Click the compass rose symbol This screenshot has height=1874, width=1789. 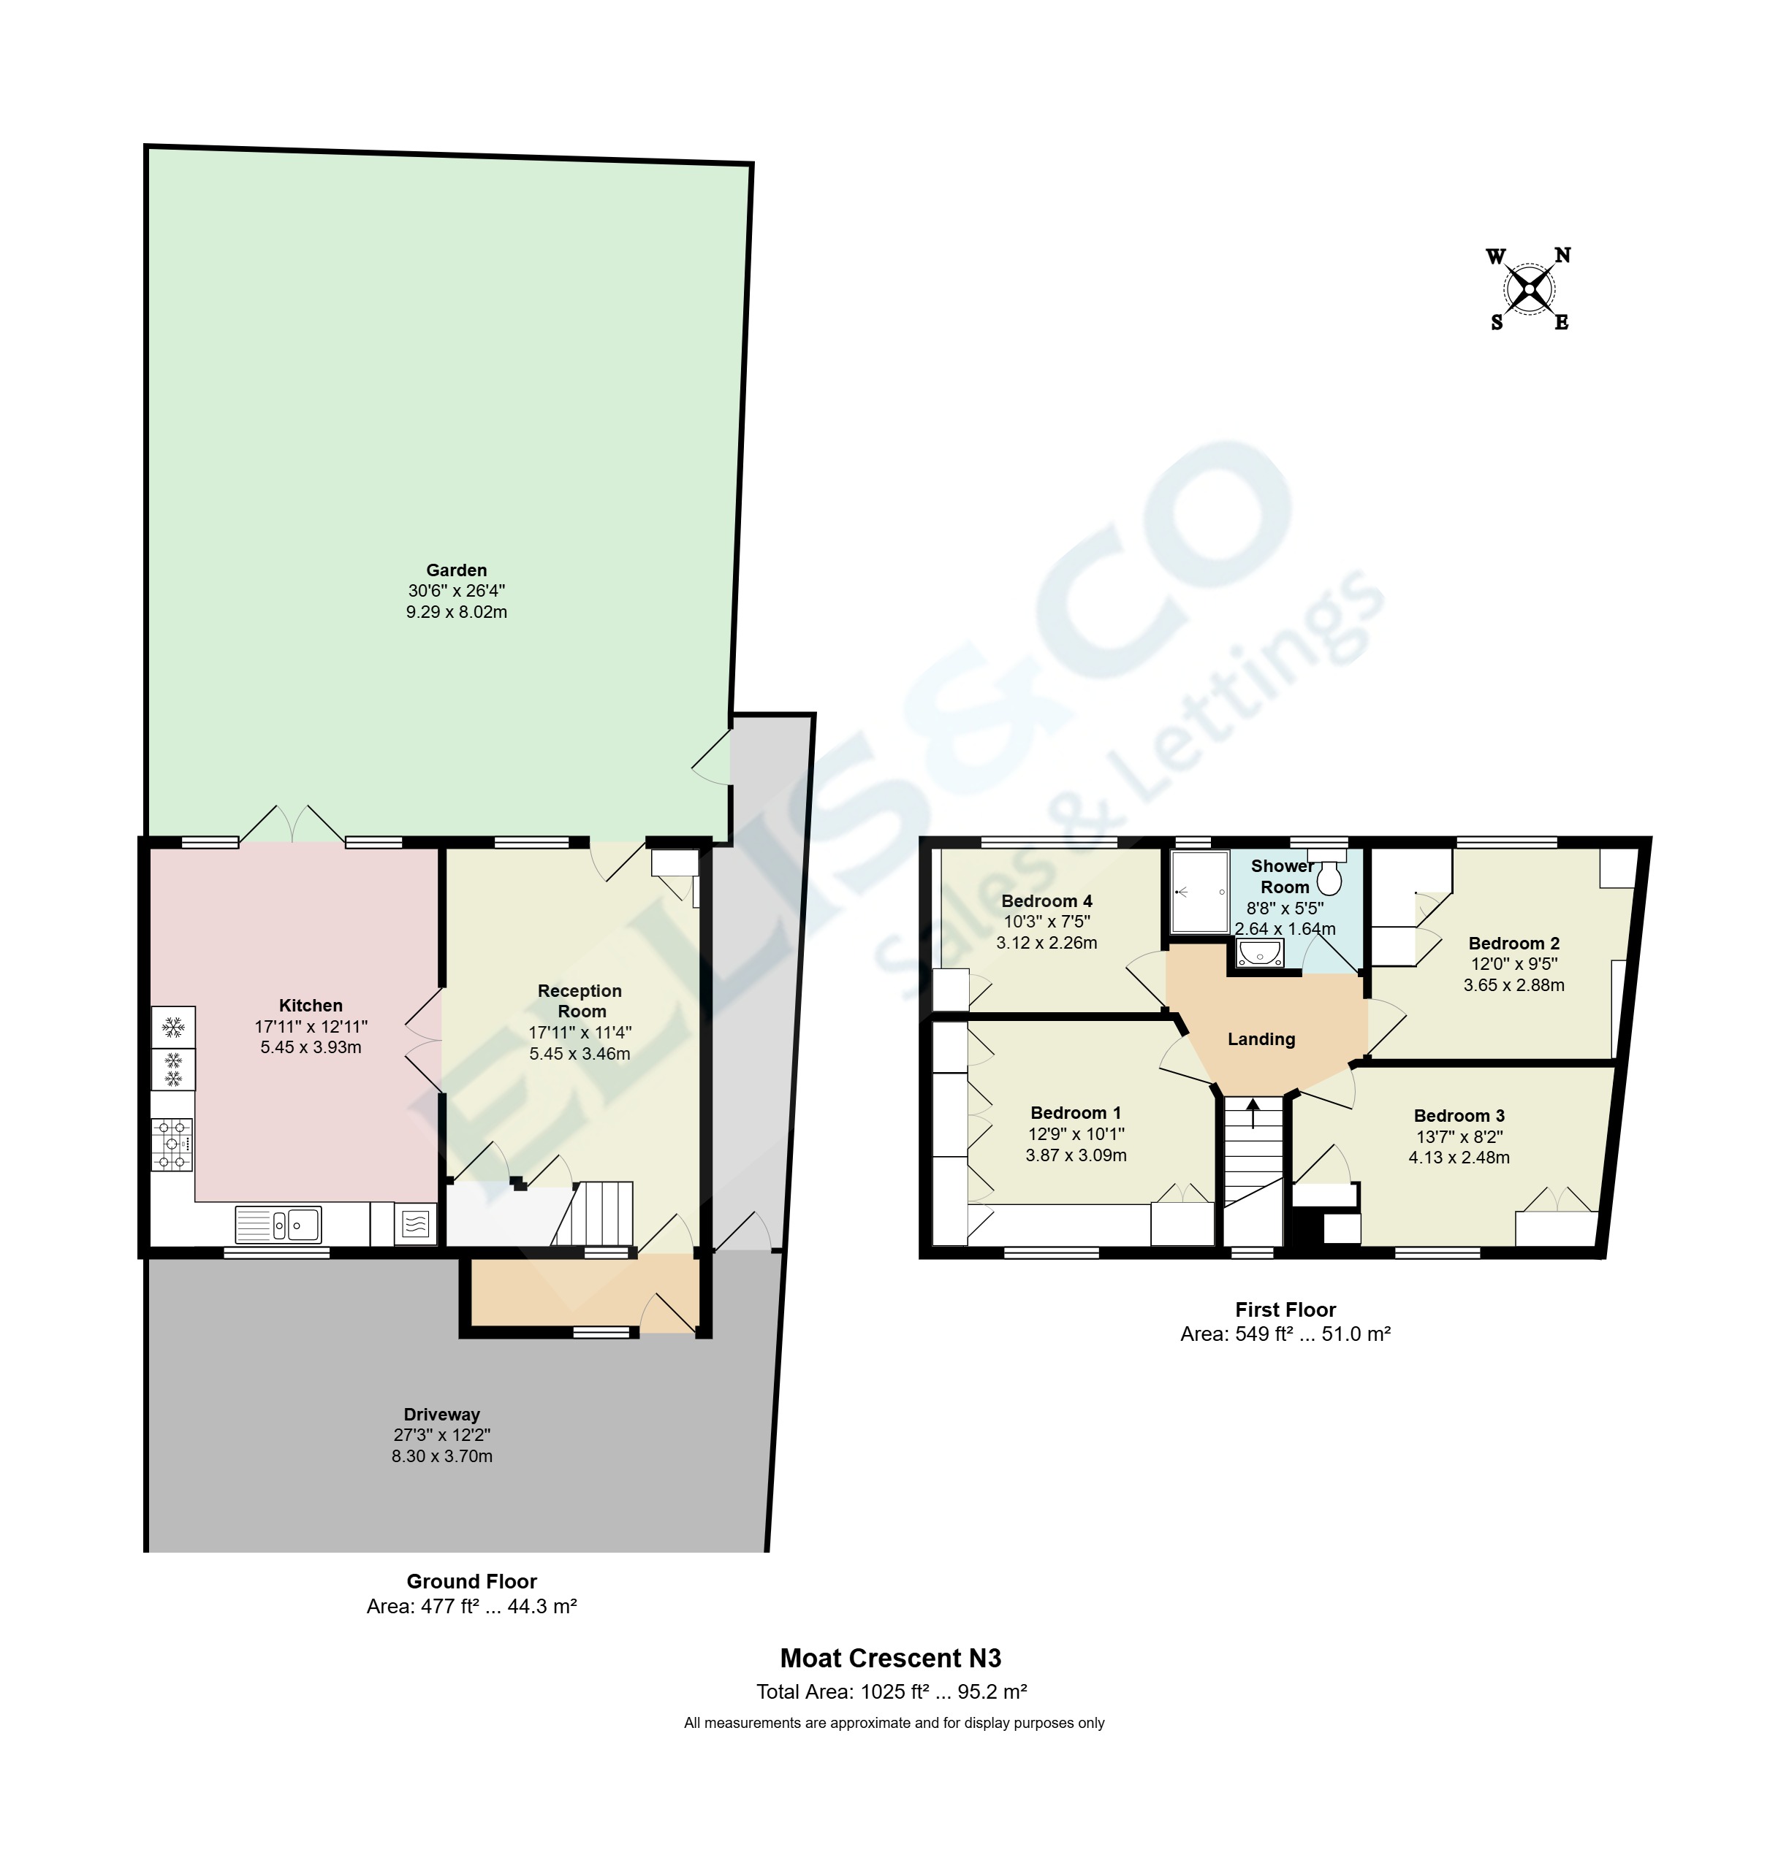tap(1529, 288)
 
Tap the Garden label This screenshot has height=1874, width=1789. tap(456, 570)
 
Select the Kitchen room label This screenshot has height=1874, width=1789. tap(310, 1005)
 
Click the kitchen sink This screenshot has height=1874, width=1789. tap(278, 1224)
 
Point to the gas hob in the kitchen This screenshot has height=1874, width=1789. tap(172, 1144)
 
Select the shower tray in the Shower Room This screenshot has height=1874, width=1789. tap(1200, 891)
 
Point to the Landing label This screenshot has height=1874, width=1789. tap(1261, 1039)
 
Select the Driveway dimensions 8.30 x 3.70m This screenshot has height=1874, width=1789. tap(441, 1456)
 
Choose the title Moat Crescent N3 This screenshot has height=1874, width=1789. tap(891, 1658)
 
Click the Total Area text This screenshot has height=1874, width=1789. tap(891, 1692)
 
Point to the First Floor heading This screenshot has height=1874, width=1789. tap(1285, 1309)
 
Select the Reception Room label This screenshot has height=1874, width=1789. tap(580, 1001)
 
